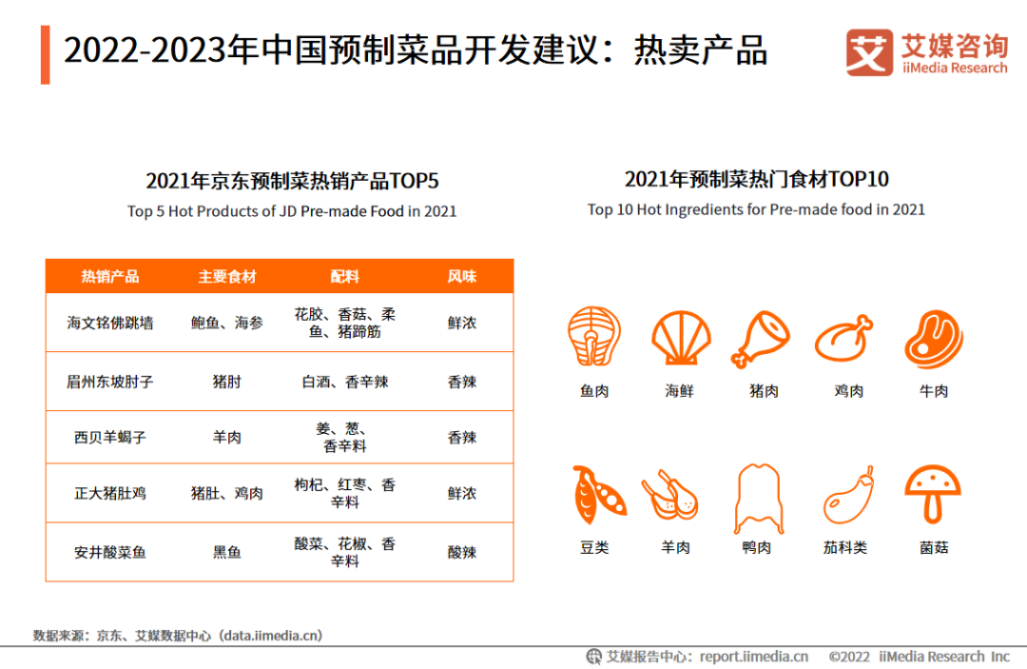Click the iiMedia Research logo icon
(869, 52)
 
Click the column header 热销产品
(110, 277)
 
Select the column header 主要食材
(227, 277)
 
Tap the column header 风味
(462, 277)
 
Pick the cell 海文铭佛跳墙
(110, 324)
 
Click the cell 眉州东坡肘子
(110, 382)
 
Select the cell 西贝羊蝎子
(110, 438)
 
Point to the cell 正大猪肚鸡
(110, 494)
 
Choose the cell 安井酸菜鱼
(110, 552)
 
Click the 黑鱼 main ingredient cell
(227, 552)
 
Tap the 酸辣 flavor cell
(462, 552)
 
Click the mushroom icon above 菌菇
(933, 494)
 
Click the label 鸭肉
(757, 548)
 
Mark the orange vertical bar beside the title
(46, 54)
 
